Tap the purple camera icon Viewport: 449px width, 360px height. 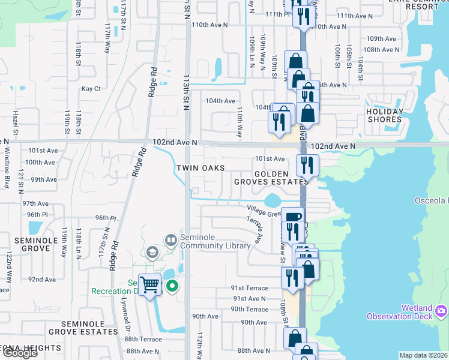pyautogui.click(x=441, y=310)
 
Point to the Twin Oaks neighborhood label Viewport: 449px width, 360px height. pyautogui.click(x=200, y=168)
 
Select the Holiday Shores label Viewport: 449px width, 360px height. pyautogui.click(x=385, y=115)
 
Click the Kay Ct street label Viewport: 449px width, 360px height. pyautogui.click(x=91, y=88)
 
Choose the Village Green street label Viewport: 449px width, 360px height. pyautogui.click(x=264, y=210)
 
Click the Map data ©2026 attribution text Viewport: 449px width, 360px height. pyautogui.click(x=423, y=355)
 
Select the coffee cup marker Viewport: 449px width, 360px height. pyautogui.click(x=292, y=216)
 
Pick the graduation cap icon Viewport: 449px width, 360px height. pyautogui.click(x=151, y=252)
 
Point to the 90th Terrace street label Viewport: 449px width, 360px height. pyautogui.click(x=250, y=309)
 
